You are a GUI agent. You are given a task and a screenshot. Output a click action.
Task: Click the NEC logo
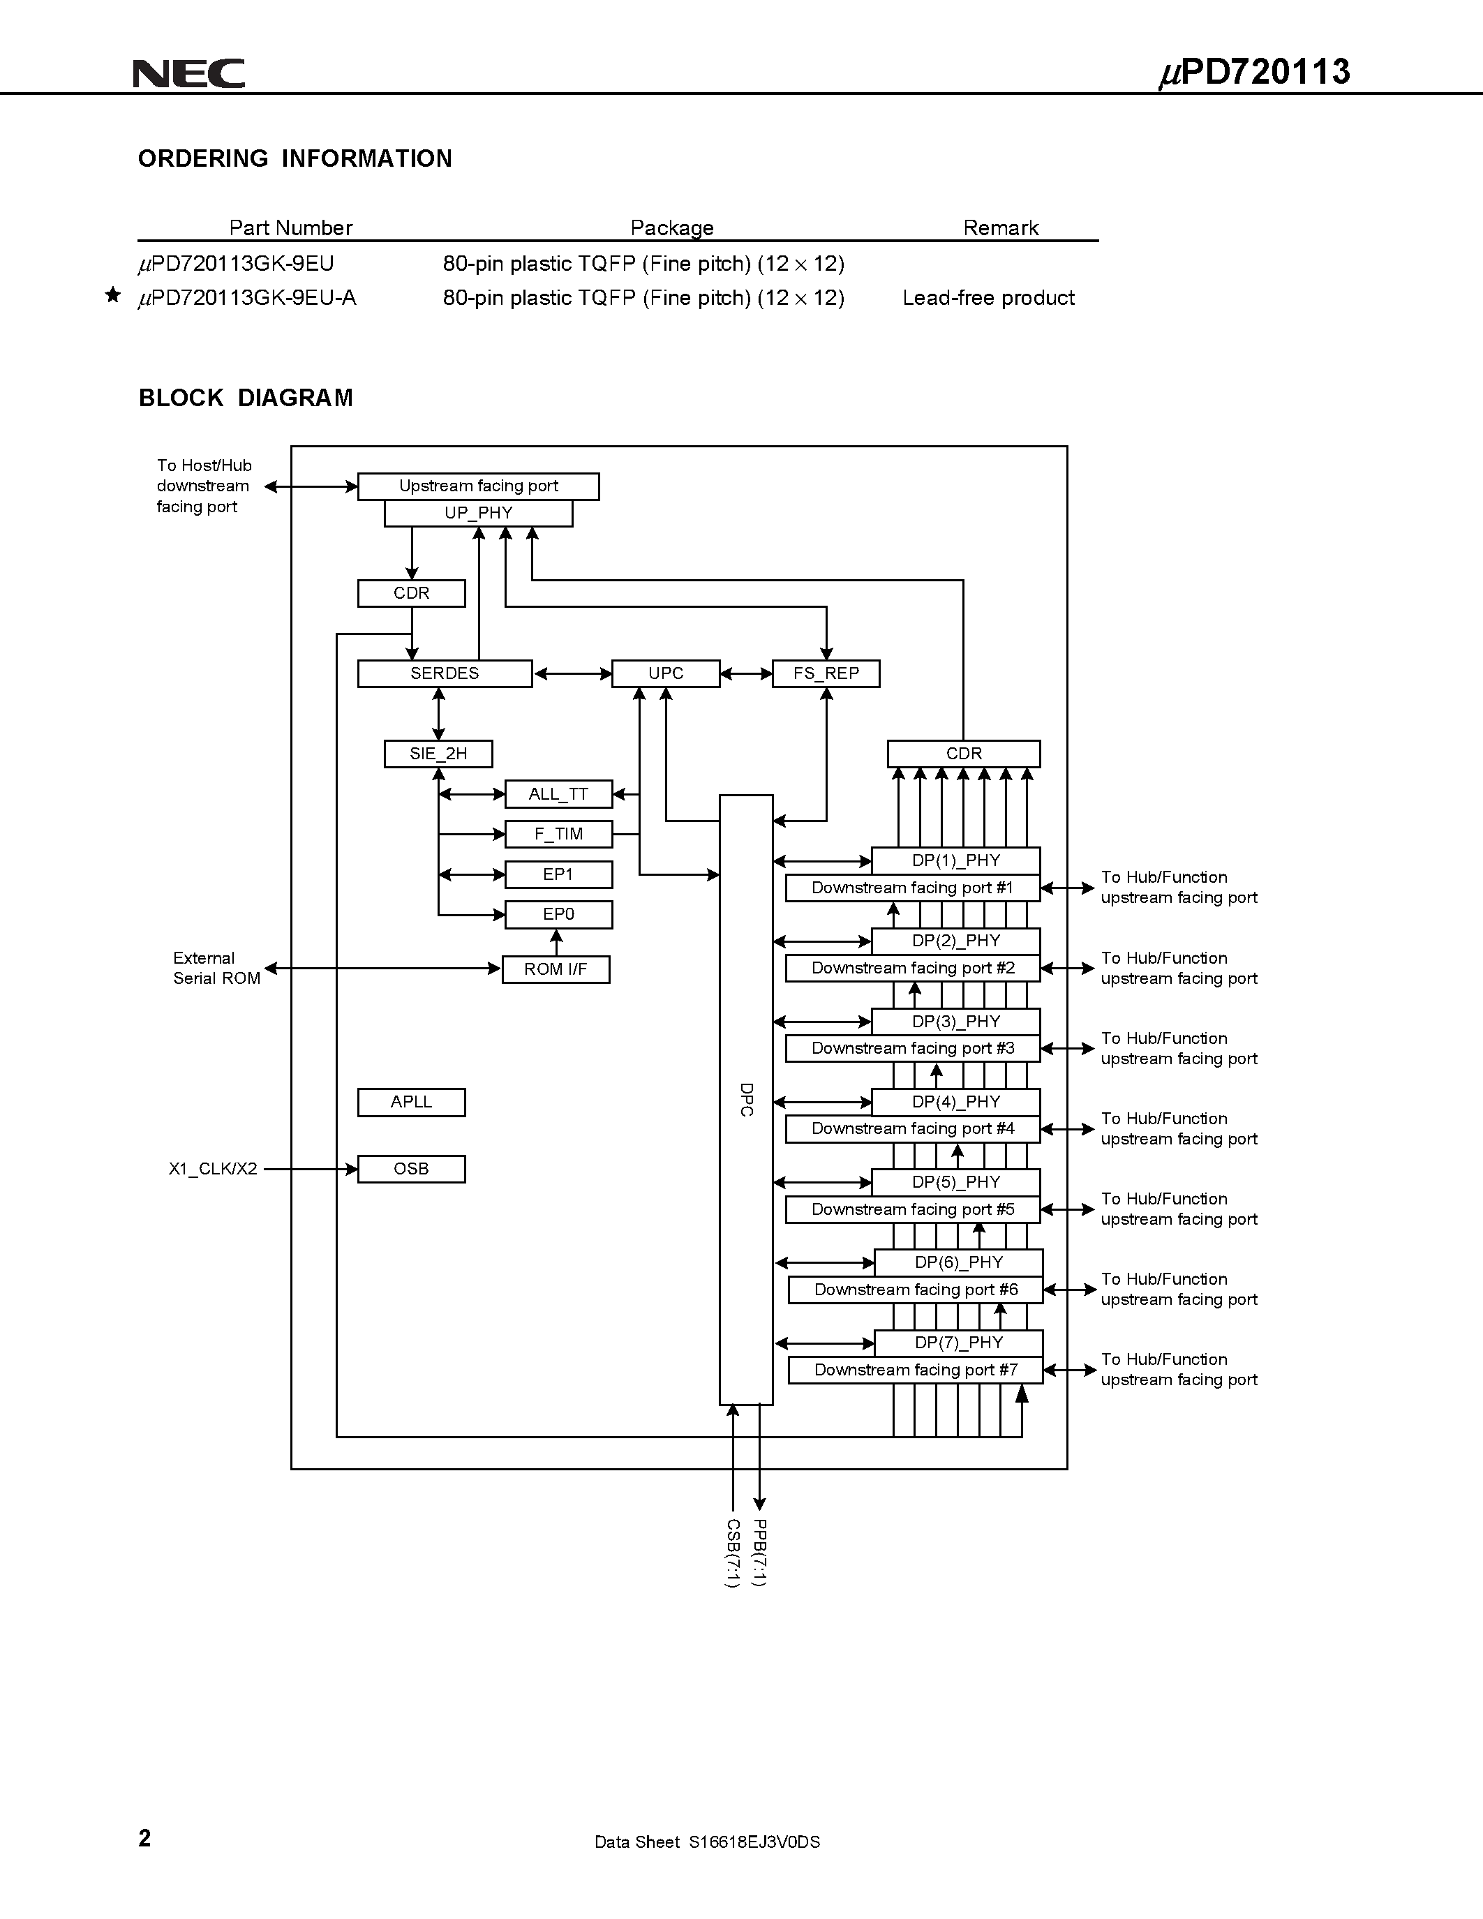pos(189,74)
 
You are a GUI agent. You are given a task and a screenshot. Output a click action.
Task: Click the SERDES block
pos(445,674)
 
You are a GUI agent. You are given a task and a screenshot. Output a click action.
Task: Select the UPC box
pos(666,674)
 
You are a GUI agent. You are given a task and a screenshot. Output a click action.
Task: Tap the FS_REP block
pos(826,674)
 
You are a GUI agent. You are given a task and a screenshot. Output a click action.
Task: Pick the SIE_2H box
pos(438,754)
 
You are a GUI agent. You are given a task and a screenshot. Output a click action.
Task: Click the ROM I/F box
pos(556,969)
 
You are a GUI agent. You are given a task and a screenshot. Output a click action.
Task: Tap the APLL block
pos(411,1102)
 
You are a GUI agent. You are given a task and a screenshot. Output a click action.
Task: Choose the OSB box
pos(411,1169)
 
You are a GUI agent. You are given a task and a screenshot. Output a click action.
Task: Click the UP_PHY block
pos(478,513)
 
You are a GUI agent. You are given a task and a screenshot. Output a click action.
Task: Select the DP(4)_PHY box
pos(956,1102)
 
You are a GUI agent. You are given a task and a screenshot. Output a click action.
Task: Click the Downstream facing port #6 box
pos(916,1290)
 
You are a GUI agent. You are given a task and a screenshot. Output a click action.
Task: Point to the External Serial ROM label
pos(216,969)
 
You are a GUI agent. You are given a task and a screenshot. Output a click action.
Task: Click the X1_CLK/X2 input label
pos(213,1169)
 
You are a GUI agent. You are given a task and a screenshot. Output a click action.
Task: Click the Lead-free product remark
pos(988,298)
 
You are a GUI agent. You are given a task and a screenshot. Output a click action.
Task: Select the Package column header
pos(672,227)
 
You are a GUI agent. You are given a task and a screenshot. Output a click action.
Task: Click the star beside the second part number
pos(112,295)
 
